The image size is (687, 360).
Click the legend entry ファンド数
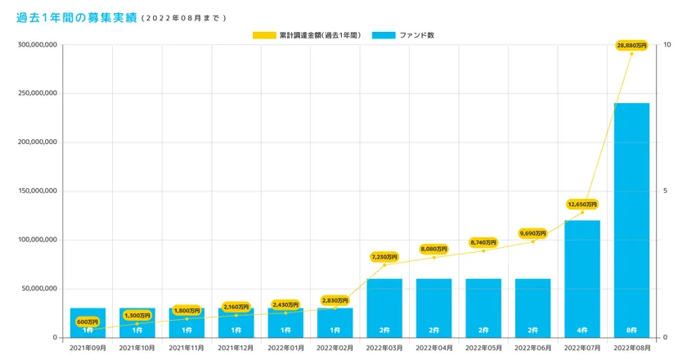(404, 35)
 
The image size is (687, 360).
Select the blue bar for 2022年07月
(582, 278)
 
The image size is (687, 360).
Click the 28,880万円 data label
(631, 45)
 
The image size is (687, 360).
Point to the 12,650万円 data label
(582, 204)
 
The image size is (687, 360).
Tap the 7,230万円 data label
(384, 257)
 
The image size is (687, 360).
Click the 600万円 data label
(88, 322)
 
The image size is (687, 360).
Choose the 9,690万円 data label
(532, 233)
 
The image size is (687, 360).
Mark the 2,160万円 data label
(236, 307)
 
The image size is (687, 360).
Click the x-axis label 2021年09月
(88, 348)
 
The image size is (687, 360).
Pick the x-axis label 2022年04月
(434, 348)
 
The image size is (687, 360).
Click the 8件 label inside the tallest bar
(631, 330)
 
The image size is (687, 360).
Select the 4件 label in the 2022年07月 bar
(582, 330)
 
